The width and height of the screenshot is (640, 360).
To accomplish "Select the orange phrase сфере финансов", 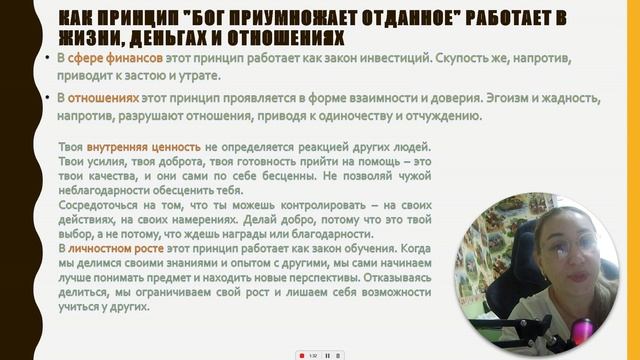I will click(x=106, y=59).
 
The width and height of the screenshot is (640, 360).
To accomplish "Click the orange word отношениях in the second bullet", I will click(x=103, y=98).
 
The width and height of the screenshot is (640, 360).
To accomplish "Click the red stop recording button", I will click(x=300, y=354).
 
